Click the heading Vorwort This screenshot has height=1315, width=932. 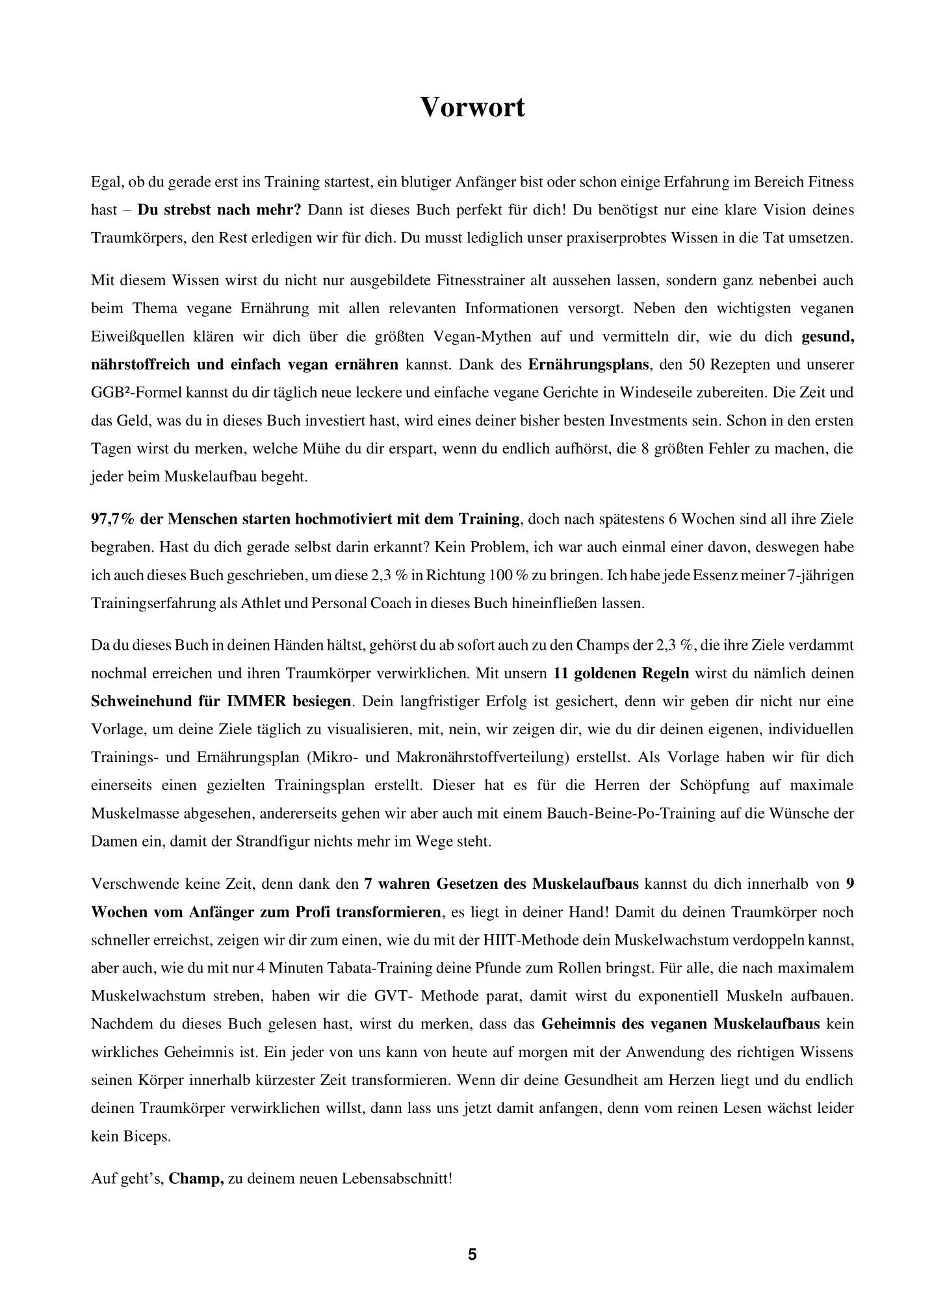point(472,107)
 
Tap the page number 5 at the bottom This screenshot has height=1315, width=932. point(472,1254)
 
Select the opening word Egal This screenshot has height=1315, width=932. point(105,183)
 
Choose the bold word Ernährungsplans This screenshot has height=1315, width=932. point(588,364)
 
